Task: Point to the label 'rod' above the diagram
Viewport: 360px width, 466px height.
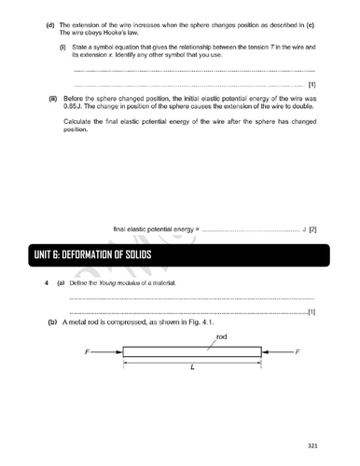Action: (222, 336)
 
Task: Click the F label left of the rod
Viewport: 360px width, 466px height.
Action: (88, 352)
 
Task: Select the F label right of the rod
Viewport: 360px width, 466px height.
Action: (297, 352)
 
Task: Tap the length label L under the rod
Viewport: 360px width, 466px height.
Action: (192, 367)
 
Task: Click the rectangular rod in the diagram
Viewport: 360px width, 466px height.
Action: (192, 352)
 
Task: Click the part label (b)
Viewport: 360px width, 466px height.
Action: (52, 322)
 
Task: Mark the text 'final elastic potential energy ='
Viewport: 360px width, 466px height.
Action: (156, 228)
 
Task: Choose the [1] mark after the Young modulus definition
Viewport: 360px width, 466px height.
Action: (312, 312)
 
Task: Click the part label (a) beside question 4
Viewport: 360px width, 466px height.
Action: (61, 282)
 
